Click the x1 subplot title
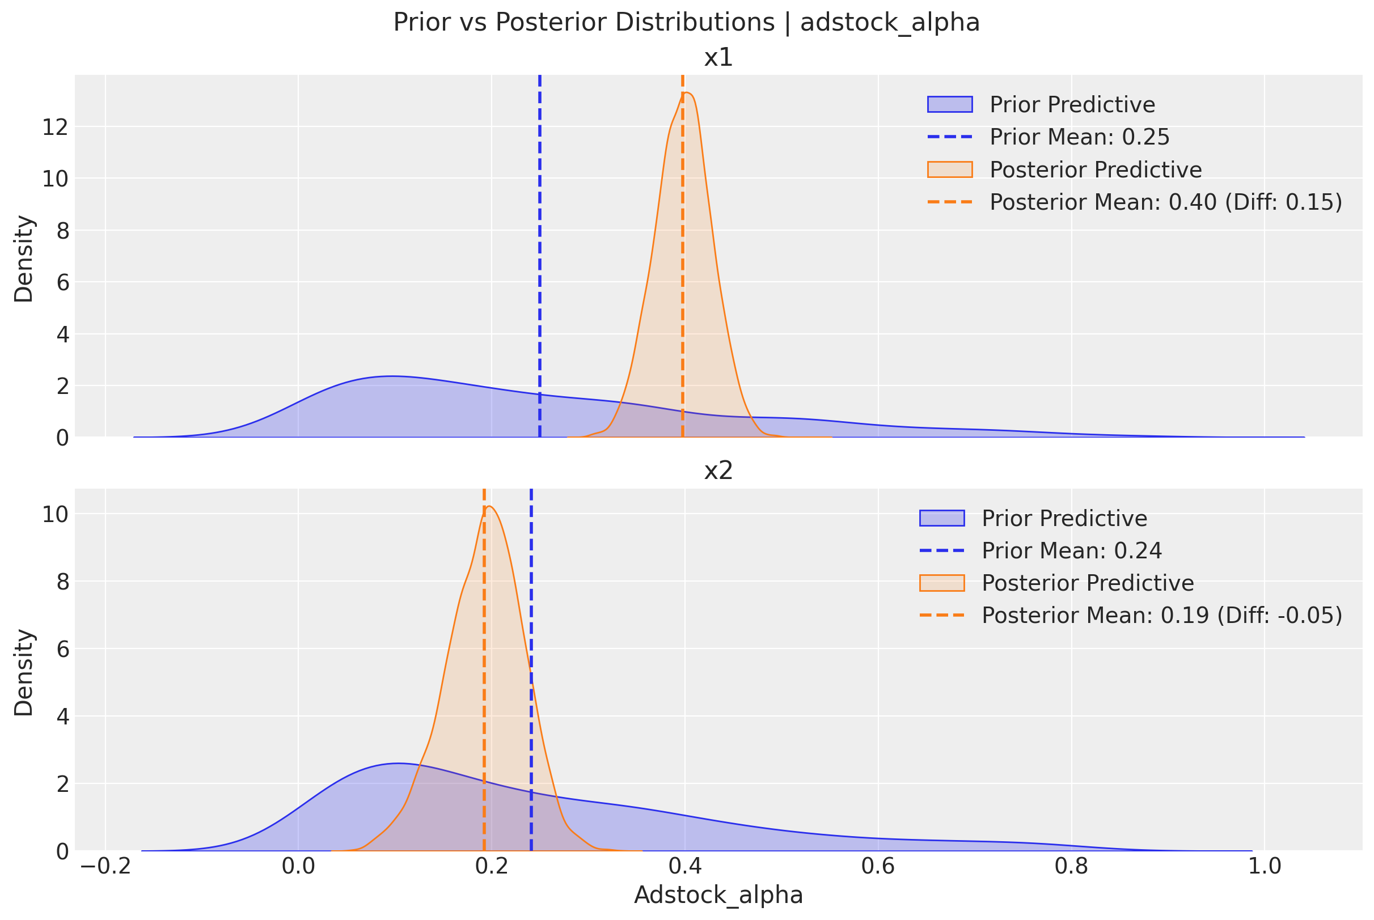(718, 57)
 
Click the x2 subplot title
(718, 470)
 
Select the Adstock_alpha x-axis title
(718, 894)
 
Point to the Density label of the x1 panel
(24, 258)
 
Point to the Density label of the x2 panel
(24, 672)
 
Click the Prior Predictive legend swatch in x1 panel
(950, 104)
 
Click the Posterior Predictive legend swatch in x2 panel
(941, 583)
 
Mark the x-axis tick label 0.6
(877, 866)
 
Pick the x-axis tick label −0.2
(105, 866)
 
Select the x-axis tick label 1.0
(1264, 866)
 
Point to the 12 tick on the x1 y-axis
(54, 127)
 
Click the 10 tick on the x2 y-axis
(54, 515)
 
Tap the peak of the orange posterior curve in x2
(489, 506)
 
